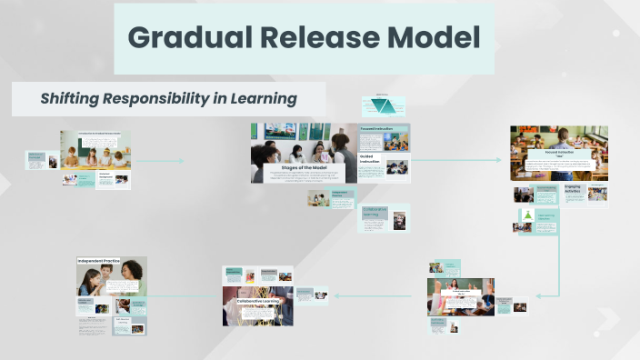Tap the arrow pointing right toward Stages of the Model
pos(181,162)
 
